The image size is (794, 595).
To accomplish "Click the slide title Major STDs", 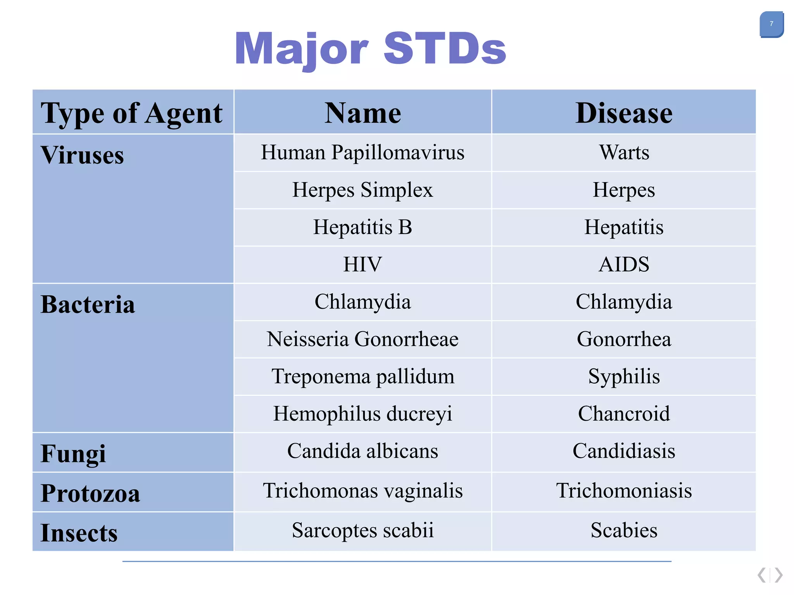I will [370, 49].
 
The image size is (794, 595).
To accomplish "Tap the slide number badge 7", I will [771, 24].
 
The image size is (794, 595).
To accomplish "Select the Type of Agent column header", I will [132, 113].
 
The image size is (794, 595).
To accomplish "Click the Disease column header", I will [623, 113].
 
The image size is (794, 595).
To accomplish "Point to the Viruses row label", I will [82, 155].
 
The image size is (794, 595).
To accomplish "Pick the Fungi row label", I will [73, 453].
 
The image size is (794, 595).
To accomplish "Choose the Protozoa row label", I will [90, 493].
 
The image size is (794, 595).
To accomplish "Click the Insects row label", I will [79, 533].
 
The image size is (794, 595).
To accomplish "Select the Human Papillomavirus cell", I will [362, 152].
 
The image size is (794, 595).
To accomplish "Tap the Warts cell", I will [624, 152].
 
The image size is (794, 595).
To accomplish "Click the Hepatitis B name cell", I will [362, 227].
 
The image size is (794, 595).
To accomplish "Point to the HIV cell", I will [362, 265].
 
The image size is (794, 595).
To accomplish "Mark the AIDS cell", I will [624, 265].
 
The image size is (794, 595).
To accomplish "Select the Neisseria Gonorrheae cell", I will [362, 339].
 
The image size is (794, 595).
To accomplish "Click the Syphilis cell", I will [624, 377].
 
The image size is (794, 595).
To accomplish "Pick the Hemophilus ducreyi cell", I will [362, 414].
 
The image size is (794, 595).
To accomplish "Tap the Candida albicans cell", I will [362, 451].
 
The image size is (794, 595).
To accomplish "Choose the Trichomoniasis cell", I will [624, 491].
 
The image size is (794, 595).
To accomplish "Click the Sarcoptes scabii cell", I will [362, 530].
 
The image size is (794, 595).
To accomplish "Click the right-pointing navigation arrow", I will [778, 575].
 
